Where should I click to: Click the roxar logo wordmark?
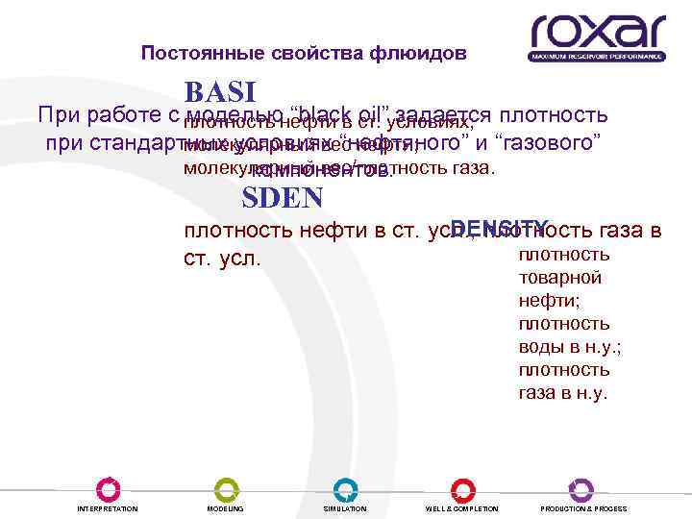[x=596, y=32]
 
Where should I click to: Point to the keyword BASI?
[x=219, y=92]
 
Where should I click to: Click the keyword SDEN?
[x=282, y=199]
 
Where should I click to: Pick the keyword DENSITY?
[x=500, y=228]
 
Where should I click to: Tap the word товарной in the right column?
[x=560, y=277]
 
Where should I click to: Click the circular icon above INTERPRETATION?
[x=108, y=488]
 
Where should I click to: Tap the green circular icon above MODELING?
[x=226, y=488]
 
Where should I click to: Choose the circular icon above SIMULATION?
[x=344, y=488]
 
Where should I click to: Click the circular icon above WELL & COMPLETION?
[x=462, y=488]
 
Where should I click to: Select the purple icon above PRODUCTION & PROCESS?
[x=581, y=488]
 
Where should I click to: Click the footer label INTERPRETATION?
[x=108, y=508]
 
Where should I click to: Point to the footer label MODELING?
[x=226, y=508]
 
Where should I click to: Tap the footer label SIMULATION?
[x=344, y=508]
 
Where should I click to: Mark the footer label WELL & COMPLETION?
[x=462, y=508]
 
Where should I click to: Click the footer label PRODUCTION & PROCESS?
[x=583, y=508]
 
